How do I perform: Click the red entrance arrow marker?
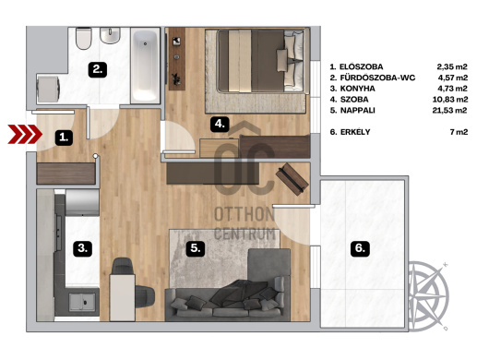(x=25, y=134)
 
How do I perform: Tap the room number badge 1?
(x=64, y=138)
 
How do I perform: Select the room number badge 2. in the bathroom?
(x=98, y=69)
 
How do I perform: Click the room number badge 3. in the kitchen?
(x=82, y=248)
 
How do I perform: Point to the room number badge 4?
(x=220, y=125)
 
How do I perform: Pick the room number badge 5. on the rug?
(x=196, y=248)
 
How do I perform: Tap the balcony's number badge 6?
(x=360, y=248)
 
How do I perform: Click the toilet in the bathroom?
(x=84, y=39)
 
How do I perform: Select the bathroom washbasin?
(x=110, y=35)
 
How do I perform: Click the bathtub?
(x=145, y=66)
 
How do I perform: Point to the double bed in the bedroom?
(x=261, y=61)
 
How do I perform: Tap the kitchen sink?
(x=82, y=302)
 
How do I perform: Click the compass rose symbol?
(x=429, y=295)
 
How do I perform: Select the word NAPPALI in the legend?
(x=357, y=111)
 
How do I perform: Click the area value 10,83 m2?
(x=449, y=100)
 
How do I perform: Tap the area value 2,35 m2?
(x=452, y=66)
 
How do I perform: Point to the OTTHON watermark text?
(x=244, y=214)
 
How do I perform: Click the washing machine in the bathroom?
(x=48, y=89)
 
